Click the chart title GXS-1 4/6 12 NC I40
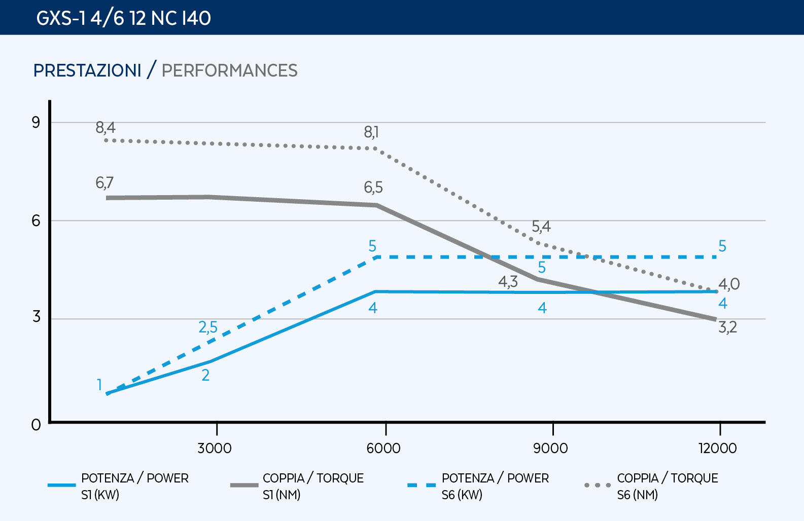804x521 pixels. coord(123,18)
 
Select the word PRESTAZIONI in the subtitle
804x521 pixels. coord(87,70)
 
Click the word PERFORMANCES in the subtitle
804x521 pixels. coord(229,70)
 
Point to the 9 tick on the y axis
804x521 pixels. coord(36,122)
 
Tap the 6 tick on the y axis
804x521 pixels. coord(36,220)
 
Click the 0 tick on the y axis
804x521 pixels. coord(36,425)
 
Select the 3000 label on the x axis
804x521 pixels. coord(215,448)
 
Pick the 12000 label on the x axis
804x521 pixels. coord(717,448)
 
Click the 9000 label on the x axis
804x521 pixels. coord(550,448)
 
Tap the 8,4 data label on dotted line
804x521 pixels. coord(106,128)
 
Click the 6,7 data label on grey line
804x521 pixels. coord(104,182)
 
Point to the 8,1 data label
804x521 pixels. coord(371,132)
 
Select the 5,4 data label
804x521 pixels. coord(541,227)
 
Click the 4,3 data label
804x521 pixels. coord(508,282)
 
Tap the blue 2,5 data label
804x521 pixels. coord(208,327)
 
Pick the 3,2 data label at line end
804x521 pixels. coord(727,327)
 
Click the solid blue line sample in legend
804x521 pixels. coord(61,485)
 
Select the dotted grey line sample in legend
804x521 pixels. coord(597,485)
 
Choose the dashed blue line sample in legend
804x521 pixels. coord(421,485)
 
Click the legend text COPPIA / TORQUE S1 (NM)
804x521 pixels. coord(313,486)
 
